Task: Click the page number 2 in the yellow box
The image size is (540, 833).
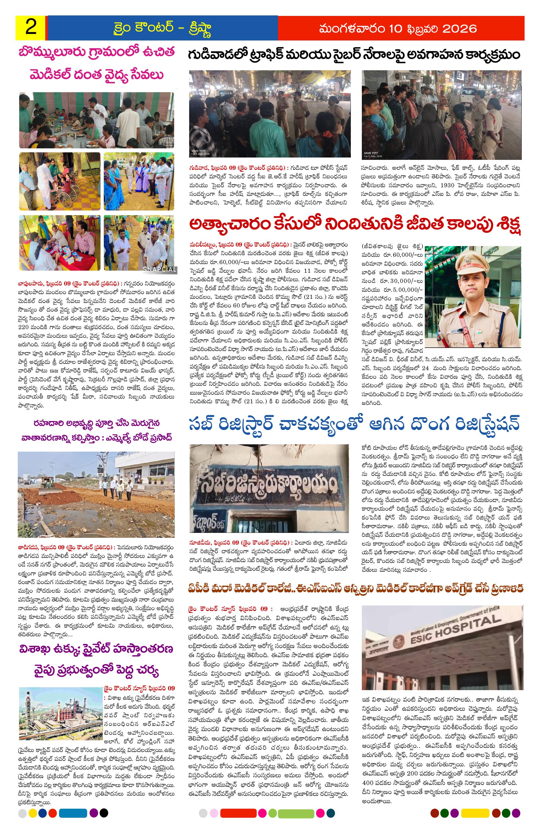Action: click(31, 27)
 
